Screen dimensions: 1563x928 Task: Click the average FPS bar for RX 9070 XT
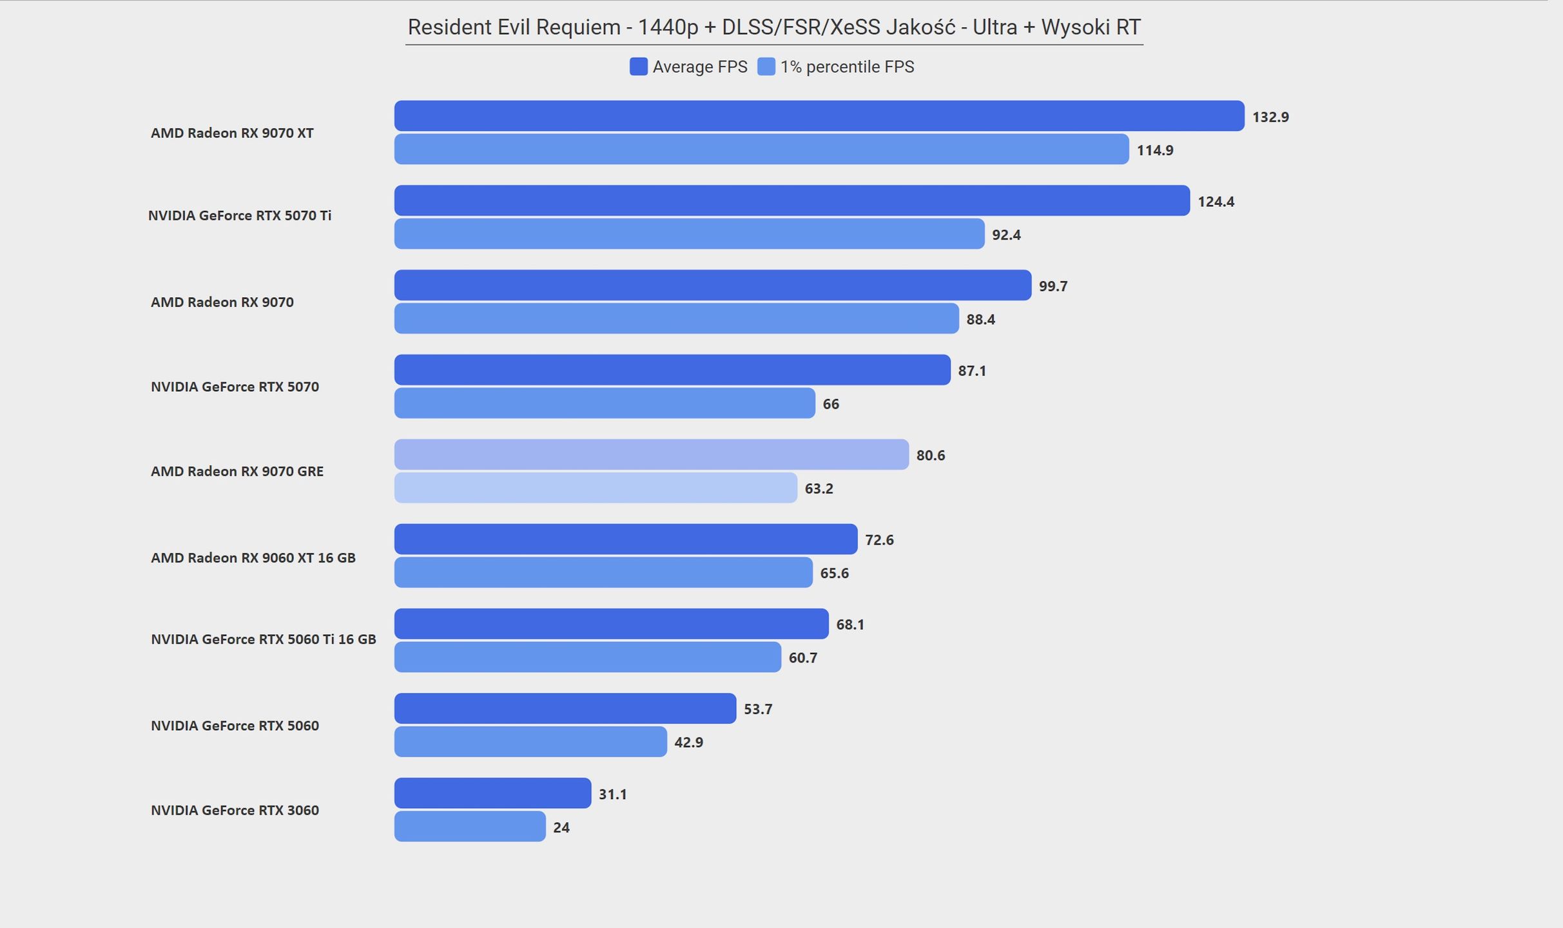tap(819, 116)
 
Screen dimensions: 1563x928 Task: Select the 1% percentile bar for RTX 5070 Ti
tap(689, 234)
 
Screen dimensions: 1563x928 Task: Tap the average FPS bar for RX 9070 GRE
tap(652, 454)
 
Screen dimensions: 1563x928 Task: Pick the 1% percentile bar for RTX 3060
tap(470, 826)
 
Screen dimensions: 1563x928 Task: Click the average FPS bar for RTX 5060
tap(565, 708)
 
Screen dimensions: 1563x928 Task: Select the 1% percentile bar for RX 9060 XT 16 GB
tap(603, 572)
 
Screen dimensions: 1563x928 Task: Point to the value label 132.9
tap(1270, 117)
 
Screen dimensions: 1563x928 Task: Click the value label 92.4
tap(1006, 235)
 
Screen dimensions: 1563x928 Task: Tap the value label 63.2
tap(819, 488)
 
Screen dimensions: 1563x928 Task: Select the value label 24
tap(561, 827)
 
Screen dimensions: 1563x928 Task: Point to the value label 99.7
tap(1053, 286)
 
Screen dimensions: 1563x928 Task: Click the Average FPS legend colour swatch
tap(638, 66)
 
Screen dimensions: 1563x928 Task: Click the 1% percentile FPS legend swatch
tap(766, 66)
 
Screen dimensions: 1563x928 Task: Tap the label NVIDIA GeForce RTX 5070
tap(235, 387)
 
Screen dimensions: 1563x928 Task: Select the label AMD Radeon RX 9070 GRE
tap(237, 471)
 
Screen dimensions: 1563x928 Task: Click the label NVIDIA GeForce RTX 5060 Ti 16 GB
tap(264, 639)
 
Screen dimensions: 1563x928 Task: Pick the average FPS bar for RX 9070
tap(713, 285)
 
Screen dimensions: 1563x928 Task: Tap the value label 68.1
tap(850, 624)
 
